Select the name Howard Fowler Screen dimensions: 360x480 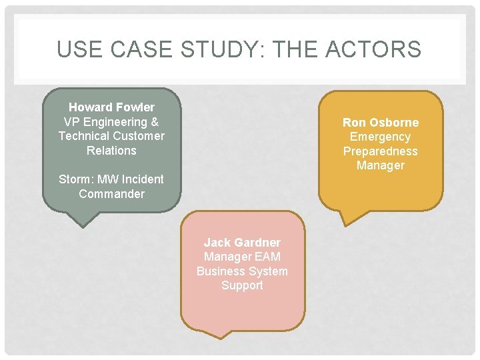[x=111, y=107]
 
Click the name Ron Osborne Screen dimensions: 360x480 [x=381, y=123]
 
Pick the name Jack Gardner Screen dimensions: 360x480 [x=242, y=243]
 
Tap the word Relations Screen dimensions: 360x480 [x=111, y=151]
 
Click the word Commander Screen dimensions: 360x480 [x=111, y=194]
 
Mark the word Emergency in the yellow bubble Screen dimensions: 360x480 [x=380, y=137]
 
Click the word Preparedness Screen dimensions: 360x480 [x=380, y=151]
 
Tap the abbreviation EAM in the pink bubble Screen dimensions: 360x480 [x=267, y=257]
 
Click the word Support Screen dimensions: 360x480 [x=242, y=285]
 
